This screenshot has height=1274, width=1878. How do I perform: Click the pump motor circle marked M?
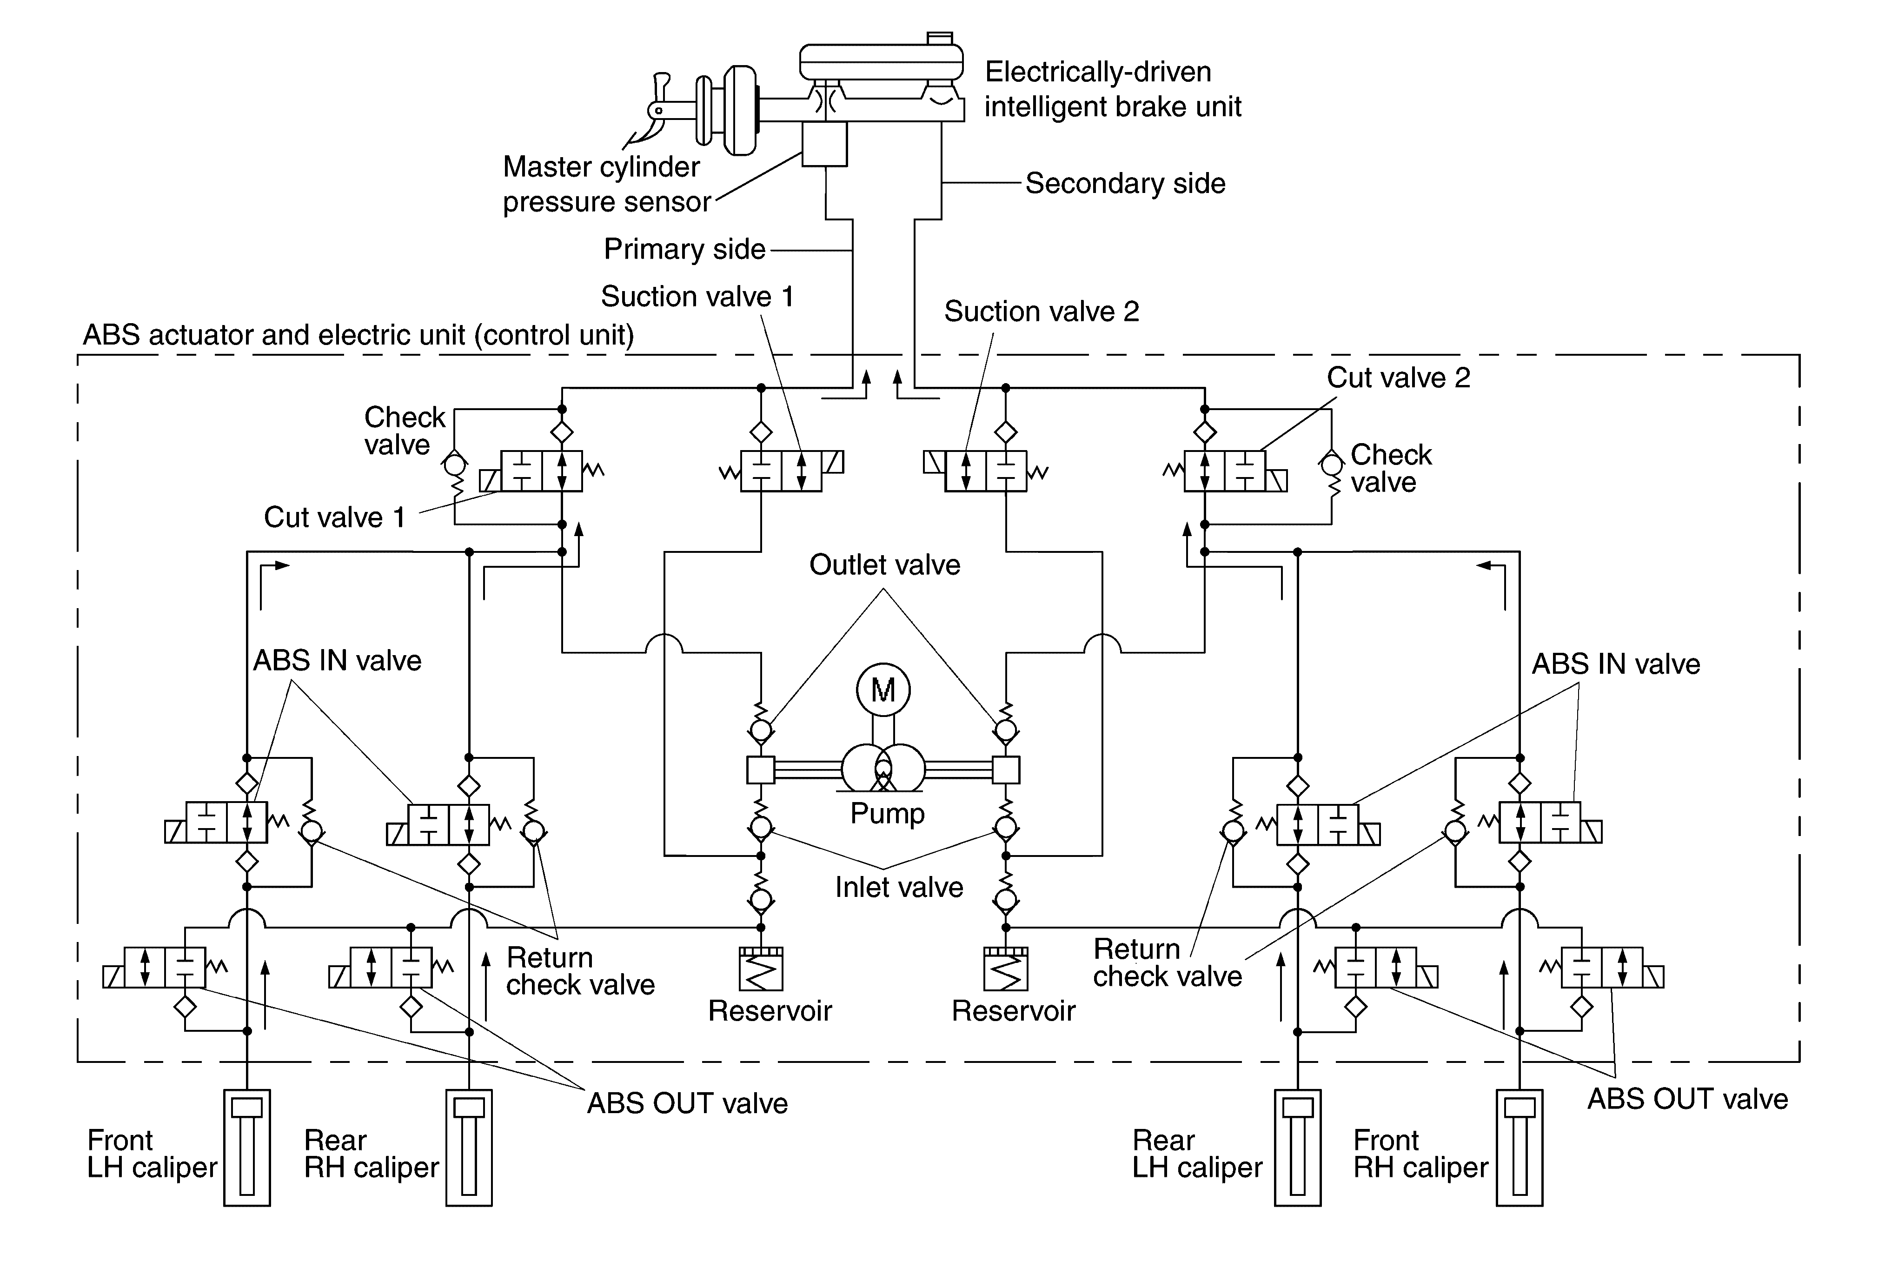point(883,690)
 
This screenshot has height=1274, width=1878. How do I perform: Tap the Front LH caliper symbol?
point(246,1147)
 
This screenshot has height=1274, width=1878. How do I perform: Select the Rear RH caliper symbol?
point(469,1147)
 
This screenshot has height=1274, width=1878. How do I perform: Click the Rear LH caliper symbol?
point(1298,1147)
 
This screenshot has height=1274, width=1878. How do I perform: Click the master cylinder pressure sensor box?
point(824,144)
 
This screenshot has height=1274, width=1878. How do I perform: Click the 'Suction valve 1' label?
point(697,297)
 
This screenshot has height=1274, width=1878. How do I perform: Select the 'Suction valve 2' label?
point(1042,311)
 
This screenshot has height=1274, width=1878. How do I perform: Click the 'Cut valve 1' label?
point(335,517)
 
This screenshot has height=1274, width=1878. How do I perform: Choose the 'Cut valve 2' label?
point(1398,377)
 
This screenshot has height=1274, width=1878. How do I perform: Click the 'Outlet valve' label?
point(885,564)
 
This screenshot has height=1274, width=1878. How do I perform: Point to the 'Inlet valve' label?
point(899,887)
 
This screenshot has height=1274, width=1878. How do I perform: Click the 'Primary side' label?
point(684,249)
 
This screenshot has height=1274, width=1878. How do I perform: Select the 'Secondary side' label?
point(1125,183)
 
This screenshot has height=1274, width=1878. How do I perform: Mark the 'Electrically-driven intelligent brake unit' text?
point(1113,89)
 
